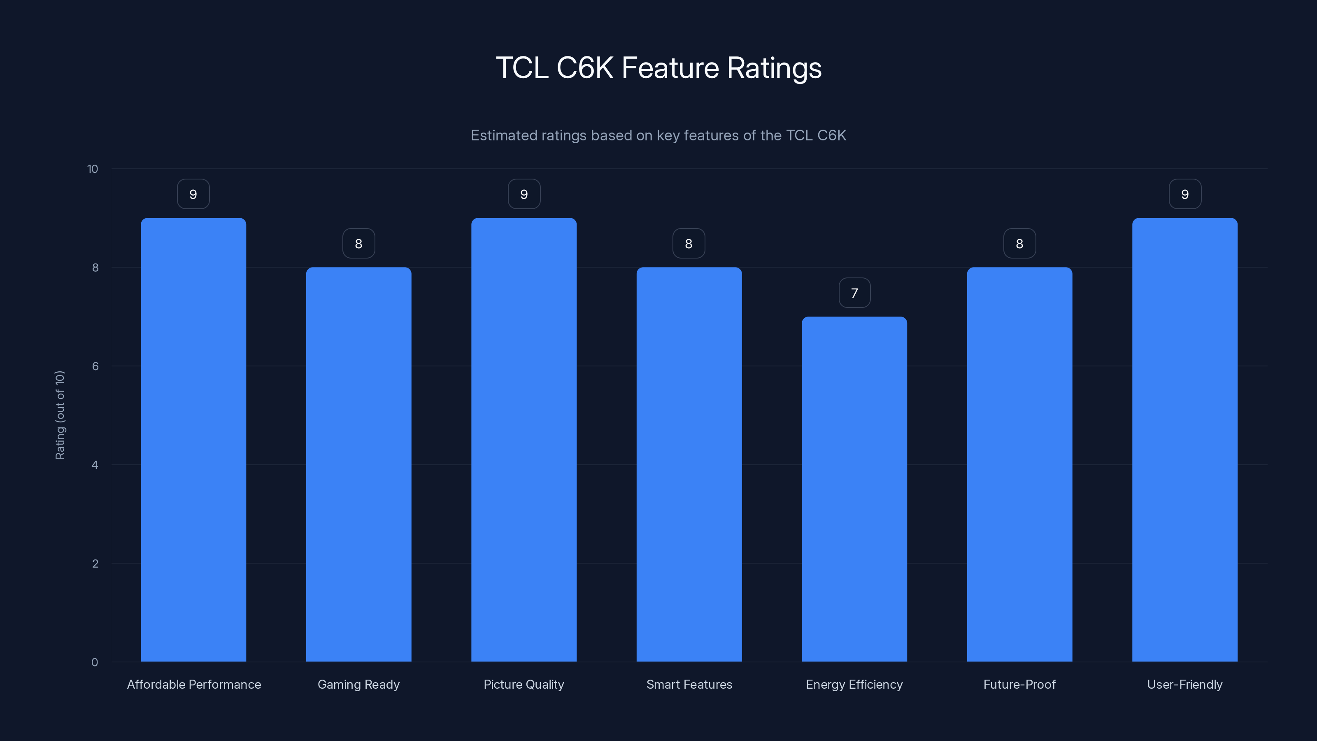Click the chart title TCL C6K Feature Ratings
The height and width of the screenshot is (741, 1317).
click(658, 68)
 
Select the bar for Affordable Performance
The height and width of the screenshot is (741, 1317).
click(193, 440)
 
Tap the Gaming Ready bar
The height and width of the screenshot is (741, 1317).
click(358, 464)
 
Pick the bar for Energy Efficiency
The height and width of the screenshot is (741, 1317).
click(854, 489)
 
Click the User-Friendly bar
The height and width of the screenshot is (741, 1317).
click(1184, 440)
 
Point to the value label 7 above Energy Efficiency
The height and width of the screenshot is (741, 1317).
click(854, 293)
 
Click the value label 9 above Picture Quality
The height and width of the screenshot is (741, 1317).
click(524, 194)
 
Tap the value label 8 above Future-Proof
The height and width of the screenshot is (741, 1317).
click(1019, 244)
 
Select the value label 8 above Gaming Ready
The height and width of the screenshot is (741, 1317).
click(358, 244)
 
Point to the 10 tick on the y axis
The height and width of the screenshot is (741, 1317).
click(93, 169)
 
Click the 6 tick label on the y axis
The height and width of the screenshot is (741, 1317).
click(95, 366)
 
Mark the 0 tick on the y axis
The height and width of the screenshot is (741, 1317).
click(95, 662)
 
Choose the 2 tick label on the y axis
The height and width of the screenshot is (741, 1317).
click(95, 564)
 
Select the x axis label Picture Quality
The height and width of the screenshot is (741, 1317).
click(524, 684)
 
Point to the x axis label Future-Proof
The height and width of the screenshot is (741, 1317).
click(1019, 684)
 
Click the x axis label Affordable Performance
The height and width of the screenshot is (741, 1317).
click(194, 684)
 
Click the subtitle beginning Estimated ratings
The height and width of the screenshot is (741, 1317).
click(658, 135)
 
